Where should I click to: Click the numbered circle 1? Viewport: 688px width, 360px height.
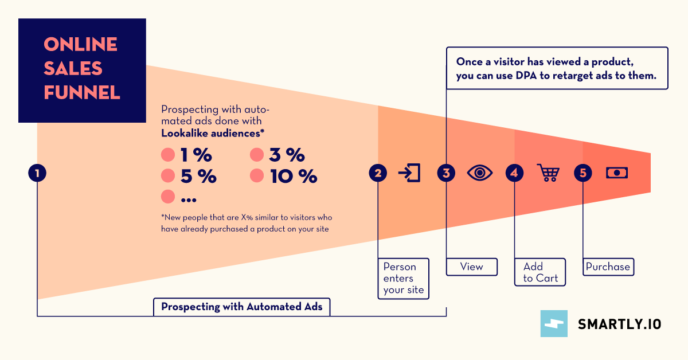[37, 173]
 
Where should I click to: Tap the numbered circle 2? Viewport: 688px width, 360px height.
[378, 173]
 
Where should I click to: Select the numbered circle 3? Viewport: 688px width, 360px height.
[446, 173]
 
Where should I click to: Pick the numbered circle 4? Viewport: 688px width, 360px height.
[514, 173]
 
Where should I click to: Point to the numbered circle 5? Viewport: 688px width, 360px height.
[583, 173]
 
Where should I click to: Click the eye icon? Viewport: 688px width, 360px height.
[480, 173]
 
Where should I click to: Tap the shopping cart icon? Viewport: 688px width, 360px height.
[548, 173]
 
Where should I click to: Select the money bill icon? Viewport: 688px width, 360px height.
[617, 173]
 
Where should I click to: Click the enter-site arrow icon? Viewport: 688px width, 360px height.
[410, 173]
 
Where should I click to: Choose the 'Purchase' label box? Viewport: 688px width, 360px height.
[608, 267]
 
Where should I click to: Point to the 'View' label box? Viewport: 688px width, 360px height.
[472, 267]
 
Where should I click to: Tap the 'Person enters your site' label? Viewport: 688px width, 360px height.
[404, 278]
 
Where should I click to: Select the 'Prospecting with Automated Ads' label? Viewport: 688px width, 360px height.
[242, 307]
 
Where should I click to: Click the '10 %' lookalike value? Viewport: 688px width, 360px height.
[293, 177]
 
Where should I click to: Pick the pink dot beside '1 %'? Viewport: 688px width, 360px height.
[168, 155]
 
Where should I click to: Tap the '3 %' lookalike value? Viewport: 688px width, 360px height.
[287, 155]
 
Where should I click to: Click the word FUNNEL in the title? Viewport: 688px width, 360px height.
[82, 93]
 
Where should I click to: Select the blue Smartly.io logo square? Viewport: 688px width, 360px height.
[554, 323]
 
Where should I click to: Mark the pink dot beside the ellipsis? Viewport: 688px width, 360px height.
[168, 197]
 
